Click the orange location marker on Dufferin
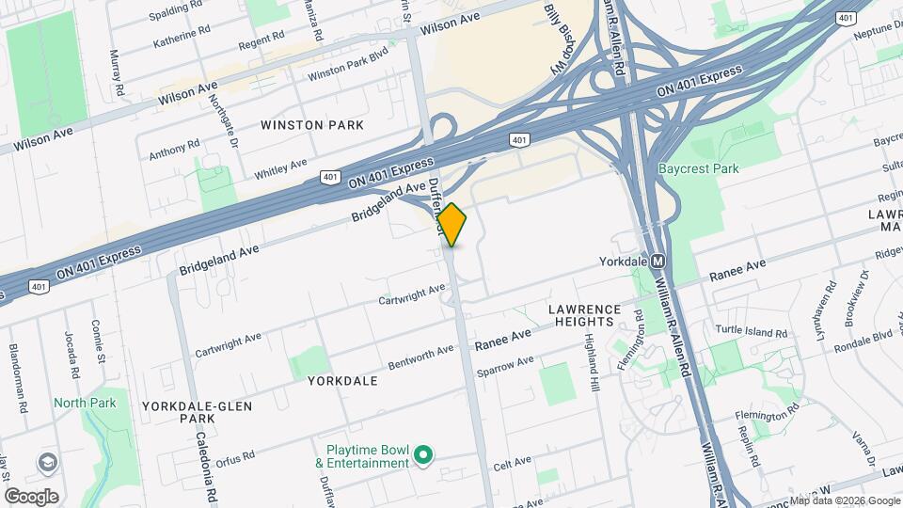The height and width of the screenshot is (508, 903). [x=451, y=224]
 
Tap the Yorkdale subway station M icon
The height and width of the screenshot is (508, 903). [x=658, y=261]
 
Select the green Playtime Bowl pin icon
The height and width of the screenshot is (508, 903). [x=423, y=456]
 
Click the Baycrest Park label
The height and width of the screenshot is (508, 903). [x=699, y=168]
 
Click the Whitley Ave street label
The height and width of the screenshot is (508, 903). [x=280, y=169]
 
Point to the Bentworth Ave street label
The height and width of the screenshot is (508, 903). [x=421, y=358]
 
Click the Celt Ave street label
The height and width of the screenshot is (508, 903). [x=514, y=463]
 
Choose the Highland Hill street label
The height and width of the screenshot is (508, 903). [x=592, y=363]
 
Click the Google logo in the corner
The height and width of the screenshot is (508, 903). [x=31, y=496]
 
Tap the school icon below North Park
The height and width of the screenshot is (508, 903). [x=47, y=462]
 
